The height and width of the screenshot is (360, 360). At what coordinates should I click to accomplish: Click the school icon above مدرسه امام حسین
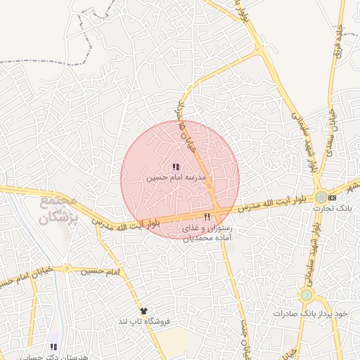pos(175,167)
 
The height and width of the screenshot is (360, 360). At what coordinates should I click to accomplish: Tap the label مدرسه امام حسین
pos(175,179)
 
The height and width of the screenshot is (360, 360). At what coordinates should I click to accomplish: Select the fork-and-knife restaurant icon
pos(207,217)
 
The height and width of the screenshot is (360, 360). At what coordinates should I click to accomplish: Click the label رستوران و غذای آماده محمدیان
pos(207,233)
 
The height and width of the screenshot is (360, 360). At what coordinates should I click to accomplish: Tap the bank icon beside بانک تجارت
pos(342,198)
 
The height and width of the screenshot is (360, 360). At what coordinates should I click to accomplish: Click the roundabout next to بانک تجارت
pos(321,198)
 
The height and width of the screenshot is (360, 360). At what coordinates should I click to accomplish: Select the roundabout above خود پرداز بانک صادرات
pos(307,295)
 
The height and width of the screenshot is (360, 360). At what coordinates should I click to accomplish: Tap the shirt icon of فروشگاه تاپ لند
pos(144,310)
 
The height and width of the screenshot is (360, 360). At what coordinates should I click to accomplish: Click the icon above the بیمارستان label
pos(53,347)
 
